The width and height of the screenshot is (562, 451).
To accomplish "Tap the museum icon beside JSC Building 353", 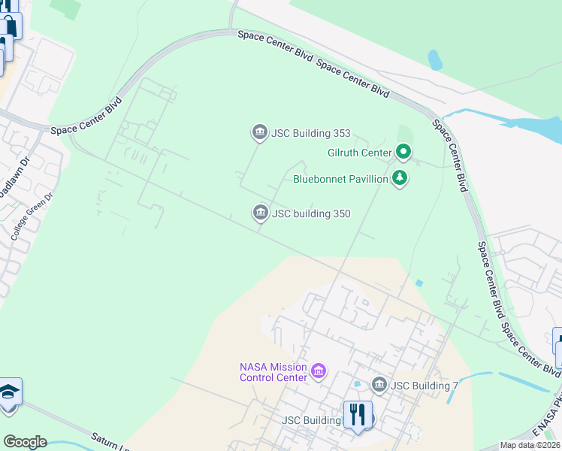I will pyautogui.click(x=259, y=134).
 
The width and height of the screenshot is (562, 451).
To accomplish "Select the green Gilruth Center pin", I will pyautogui.click(x=403, y=153).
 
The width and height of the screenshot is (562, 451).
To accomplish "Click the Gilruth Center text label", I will pyautogui.click(x=360, y=153).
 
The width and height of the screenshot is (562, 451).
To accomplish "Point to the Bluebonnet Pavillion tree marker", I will pyautogui.click(x=400, y=179).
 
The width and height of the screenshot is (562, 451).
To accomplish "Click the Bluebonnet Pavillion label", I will pyautogui.click(x=340, y=179).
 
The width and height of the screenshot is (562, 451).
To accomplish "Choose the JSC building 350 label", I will pyautogui.click(x=311, y=213).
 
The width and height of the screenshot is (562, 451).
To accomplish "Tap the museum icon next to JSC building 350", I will pyautogui.click(x=260, y=213).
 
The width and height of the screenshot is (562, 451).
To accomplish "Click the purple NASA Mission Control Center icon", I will pyautogui.click(x=318, y=371).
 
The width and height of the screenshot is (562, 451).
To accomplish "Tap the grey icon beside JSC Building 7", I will pyautogui.click(x=379, y=386).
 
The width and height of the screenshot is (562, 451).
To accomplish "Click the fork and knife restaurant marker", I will pyautogui.click(x=357, y=414).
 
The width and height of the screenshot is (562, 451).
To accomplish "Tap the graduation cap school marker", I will pyautogui.click(x=9, y=393).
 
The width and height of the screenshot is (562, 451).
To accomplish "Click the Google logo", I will pyautogui.click(x=25, y=442).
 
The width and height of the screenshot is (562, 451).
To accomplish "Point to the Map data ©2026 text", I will pyautogui.click(x=530, y=445).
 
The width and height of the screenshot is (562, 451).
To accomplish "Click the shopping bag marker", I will pyautogui.click(x=9, y=26).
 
